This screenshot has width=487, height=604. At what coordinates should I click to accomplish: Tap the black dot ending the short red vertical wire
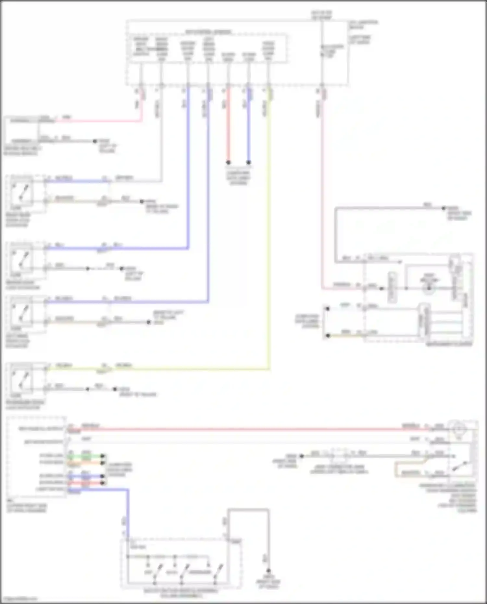(228, 162)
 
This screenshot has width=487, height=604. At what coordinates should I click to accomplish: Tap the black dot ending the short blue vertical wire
(249, 162)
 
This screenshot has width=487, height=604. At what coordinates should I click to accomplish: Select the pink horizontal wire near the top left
(97, 121)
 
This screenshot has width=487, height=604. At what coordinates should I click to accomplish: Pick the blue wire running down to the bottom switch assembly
(128, 513)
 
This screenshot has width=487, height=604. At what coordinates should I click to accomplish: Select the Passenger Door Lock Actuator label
(25, 405)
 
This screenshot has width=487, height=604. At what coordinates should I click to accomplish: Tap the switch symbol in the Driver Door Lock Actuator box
(21, 260)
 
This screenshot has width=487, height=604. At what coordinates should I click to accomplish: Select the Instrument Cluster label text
(449, 344)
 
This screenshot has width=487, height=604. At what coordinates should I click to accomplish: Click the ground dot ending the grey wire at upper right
(443, 208)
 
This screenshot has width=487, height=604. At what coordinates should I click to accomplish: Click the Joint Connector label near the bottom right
(339, 469)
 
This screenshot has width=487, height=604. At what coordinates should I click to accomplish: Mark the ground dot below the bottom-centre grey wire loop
(268, 571)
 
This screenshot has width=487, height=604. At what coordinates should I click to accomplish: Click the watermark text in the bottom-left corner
(19, 598)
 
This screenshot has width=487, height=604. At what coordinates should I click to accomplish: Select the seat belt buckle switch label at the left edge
(21, 151)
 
